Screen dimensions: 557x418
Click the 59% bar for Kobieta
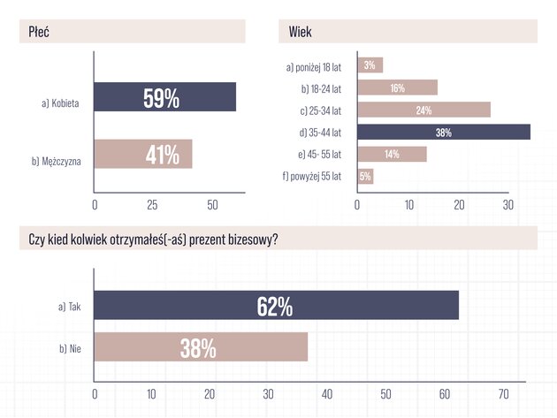pyautogui.click(x=165, y=97)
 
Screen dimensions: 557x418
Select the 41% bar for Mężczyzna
pyautogui.click(x=143, y=154)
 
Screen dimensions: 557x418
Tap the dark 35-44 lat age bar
pyautogui.click(x=444, y=132)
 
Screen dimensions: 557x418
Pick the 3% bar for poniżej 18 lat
pyautogui.click(x=370, y=65)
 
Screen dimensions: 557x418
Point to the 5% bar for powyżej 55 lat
pyautogui.click(x=365, y=176)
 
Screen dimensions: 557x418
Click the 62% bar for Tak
pyautogui.click(x=277, y=305)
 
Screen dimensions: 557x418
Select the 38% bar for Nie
pyautogui.click(x=201, y=347)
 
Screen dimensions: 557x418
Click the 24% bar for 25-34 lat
pyautogui.click(x=424, y=110)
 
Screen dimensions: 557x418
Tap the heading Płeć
pyautogui.click(x=39, y=32)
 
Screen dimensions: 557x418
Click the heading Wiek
pyautogui.click(x=301, y=32)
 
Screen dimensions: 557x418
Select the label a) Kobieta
pyautogui.click(x=60, y=103)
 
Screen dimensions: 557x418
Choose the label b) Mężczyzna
pyautogui.click(x=57, y=162)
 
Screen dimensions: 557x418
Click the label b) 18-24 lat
pyautogui.click(x=321, y=88)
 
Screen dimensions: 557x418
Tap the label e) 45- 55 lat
pyautogui.click(x=320, y=155)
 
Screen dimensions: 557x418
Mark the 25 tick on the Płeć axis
pyautogui.click(x=152, y=205)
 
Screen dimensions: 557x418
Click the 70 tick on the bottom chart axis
pyautogui.click(x=504, y=394)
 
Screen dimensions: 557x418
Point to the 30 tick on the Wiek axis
pyautogui.click(x=508, y=205)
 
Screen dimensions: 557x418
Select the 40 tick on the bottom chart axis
pyautogui.click(x=327, y=394)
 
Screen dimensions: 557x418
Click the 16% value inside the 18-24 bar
pyautogui.click(x=398, y=87)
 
